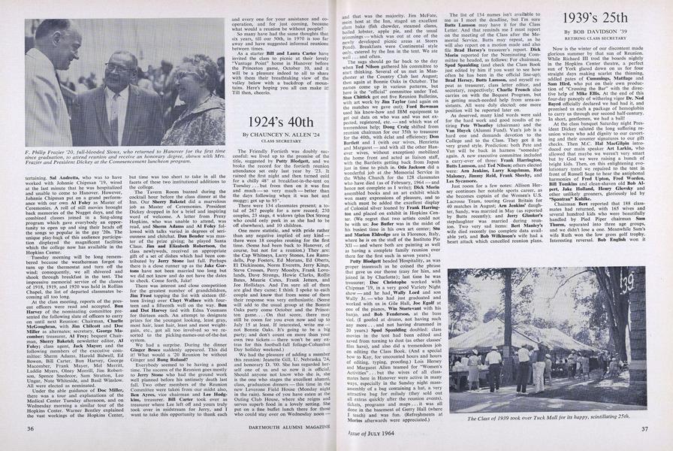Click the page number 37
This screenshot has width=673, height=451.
643,428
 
